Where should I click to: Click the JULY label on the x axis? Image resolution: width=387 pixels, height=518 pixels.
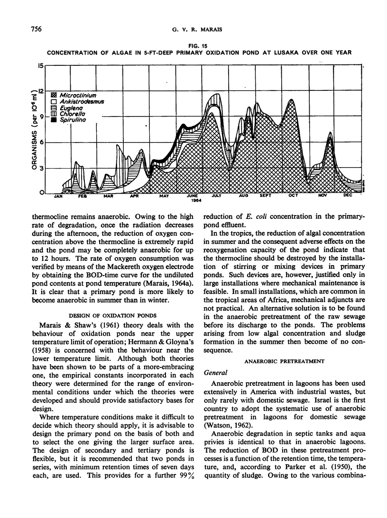(217, 196)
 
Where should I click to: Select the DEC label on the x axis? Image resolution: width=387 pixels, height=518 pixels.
(348, 196)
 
